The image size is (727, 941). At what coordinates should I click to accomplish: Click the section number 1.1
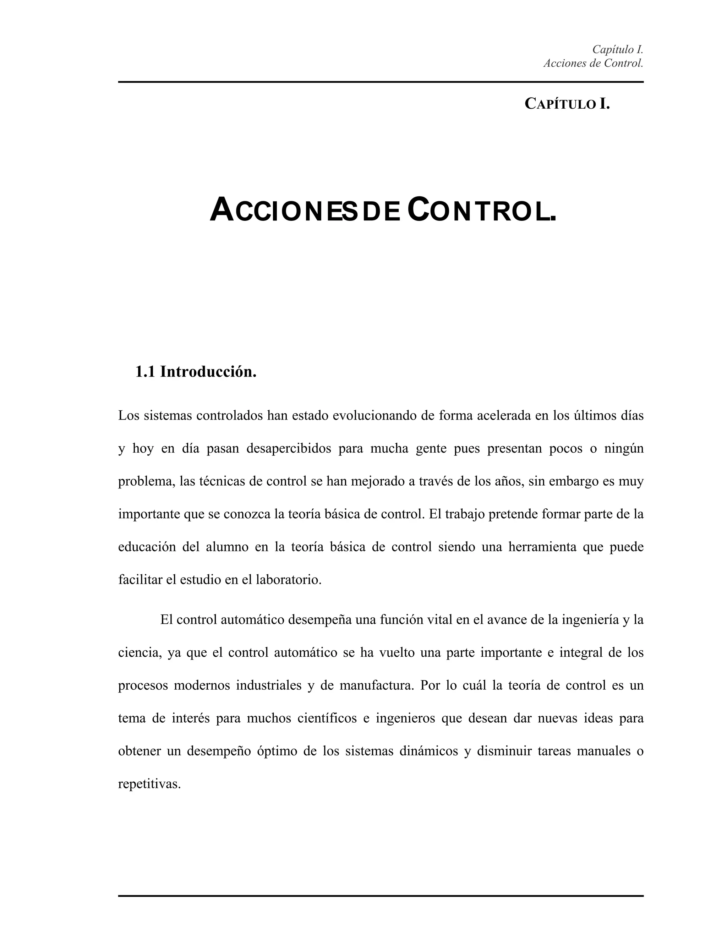coord(145,371)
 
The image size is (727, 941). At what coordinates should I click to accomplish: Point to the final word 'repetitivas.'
coord(149,784)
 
